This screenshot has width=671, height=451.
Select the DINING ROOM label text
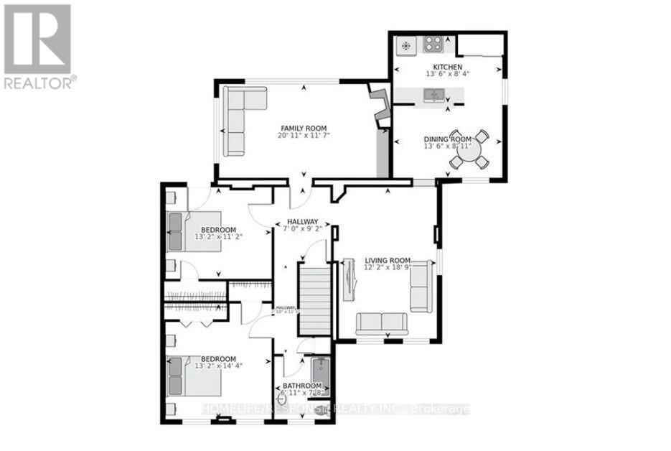coord(447,139)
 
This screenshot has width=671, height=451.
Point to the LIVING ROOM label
coord(387,260)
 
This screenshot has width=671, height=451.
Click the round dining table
coord(469,152)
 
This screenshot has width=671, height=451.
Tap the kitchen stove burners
coord(433,45)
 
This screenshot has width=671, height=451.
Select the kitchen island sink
coord(434,94)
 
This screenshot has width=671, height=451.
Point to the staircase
coord(314,297)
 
